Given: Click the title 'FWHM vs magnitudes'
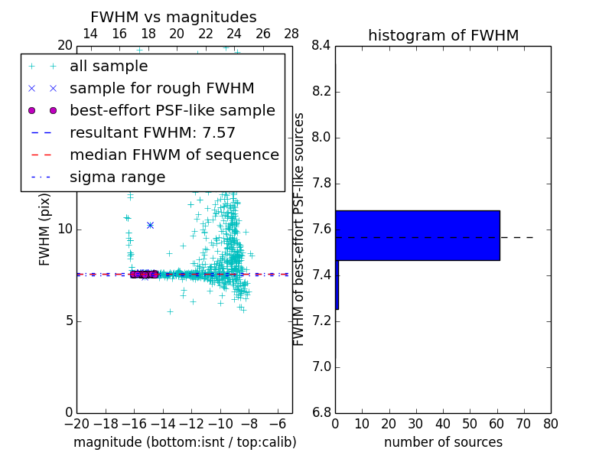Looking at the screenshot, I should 174,18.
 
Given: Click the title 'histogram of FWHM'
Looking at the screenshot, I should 443,36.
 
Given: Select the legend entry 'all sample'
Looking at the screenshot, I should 109,67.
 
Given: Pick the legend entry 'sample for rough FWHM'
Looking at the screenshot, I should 161,89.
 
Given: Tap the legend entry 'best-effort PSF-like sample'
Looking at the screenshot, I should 172,111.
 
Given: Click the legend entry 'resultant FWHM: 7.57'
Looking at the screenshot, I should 152,133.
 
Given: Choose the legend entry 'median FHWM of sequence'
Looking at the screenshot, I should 174,155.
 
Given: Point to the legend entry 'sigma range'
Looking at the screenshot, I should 117,177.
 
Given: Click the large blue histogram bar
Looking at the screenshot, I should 418,236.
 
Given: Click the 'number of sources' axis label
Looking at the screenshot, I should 443,442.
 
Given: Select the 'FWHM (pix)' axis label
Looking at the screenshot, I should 45,229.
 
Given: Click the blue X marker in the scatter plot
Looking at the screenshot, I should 150,225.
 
